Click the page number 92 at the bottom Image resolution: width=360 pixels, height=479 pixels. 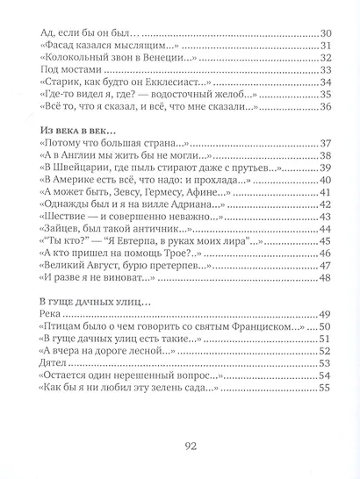pos(181,446)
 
